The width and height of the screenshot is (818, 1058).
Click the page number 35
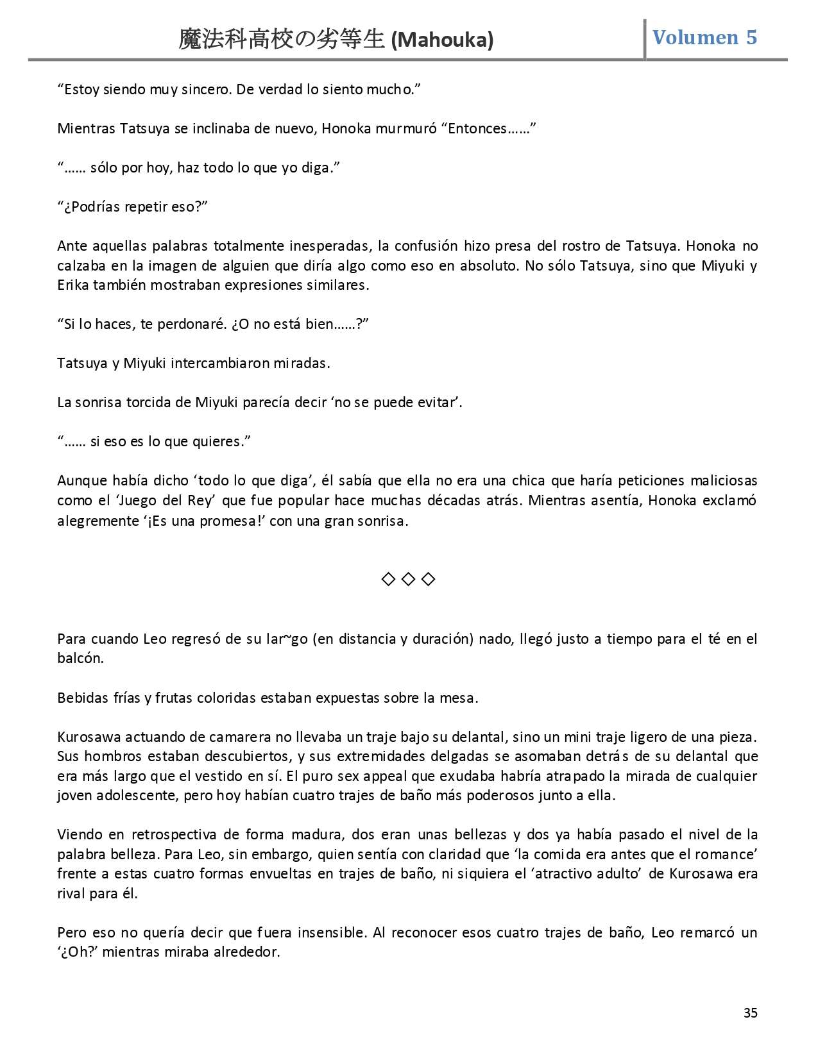tap(751, 1013)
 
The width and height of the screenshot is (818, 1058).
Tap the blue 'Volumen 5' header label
tap(704, 38)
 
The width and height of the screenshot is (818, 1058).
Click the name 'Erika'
tap(73, 285)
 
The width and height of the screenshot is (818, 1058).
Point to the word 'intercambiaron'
tap(219, 364)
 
